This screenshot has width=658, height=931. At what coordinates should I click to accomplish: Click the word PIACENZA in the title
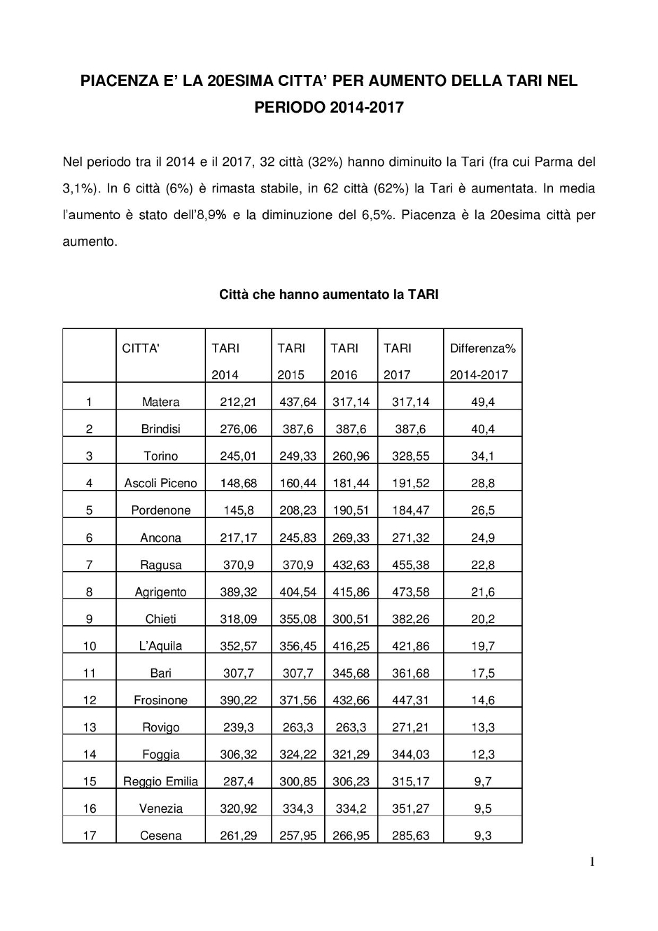pos(118,81)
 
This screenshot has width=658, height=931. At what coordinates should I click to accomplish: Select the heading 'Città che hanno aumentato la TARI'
pos(328,295)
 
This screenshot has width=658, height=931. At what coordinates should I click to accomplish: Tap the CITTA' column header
pos(141,348)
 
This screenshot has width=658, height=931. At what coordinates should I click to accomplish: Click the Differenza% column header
pos(482,348)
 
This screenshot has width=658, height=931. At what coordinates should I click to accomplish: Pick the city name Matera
pos(160,402)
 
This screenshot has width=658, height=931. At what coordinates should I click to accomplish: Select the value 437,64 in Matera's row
pos(297,402)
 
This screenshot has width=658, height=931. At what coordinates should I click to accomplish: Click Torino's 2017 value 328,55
pos(410,456)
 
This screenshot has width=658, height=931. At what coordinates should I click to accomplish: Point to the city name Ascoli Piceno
pos(160,483)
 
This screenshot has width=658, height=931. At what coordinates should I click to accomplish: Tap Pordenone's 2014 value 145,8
pos(239,510)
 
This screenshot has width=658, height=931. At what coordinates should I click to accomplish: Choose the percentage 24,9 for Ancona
pos(482,538)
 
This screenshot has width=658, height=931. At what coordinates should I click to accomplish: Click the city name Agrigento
pos(160,592)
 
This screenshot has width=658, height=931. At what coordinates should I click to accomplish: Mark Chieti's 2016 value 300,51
pos(351,619)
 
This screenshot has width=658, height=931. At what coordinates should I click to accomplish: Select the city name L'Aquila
pos(160,646)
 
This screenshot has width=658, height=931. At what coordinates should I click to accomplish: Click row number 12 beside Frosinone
pos(90,700)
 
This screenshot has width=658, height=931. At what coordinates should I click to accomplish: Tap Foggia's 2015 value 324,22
pos(297,755)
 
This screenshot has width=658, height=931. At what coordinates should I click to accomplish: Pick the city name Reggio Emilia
pos(160,781)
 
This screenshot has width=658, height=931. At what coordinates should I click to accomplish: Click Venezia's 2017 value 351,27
pos(410,808)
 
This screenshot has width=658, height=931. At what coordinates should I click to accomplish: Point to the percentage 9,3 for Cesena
pos(482,836)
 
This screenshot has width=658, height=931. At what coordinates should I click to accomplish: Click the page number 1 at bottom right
pos(592,862)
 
